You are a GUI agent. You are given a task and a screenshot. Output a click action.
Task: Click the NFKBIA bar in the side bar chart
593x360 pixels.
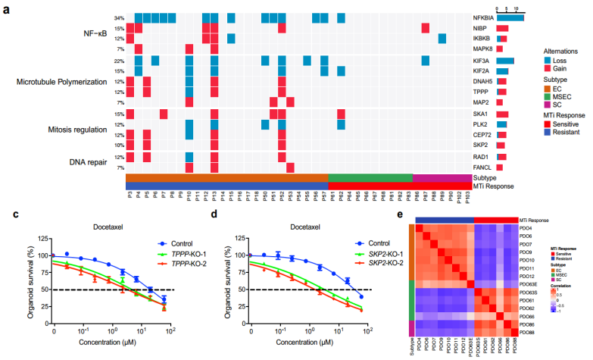[510, 17]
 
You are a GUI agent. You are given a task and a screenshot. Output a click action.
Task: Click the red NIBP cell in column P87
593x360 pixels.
[426, 28]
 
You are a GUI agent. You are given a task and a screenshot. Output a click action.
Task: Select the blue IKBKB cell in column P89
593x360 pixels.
[442, 39]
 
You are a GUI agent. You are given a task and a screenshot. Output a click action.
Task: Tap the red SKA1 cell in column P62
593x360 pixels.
[342, 114]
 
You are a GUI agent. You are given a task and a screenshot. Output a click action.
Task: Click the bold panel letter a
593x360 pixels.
[7, 9]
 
